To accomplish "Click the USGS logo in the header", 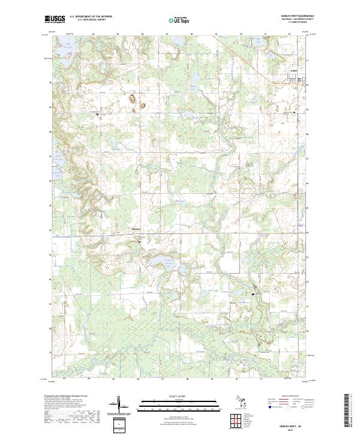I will point(55,20).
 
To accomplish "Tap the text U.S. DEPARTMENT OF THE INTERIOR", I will point(91,17).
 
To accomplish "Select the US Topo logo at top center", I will point(179,20).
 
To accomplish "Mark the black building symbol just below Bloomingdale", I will point(140,241).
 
